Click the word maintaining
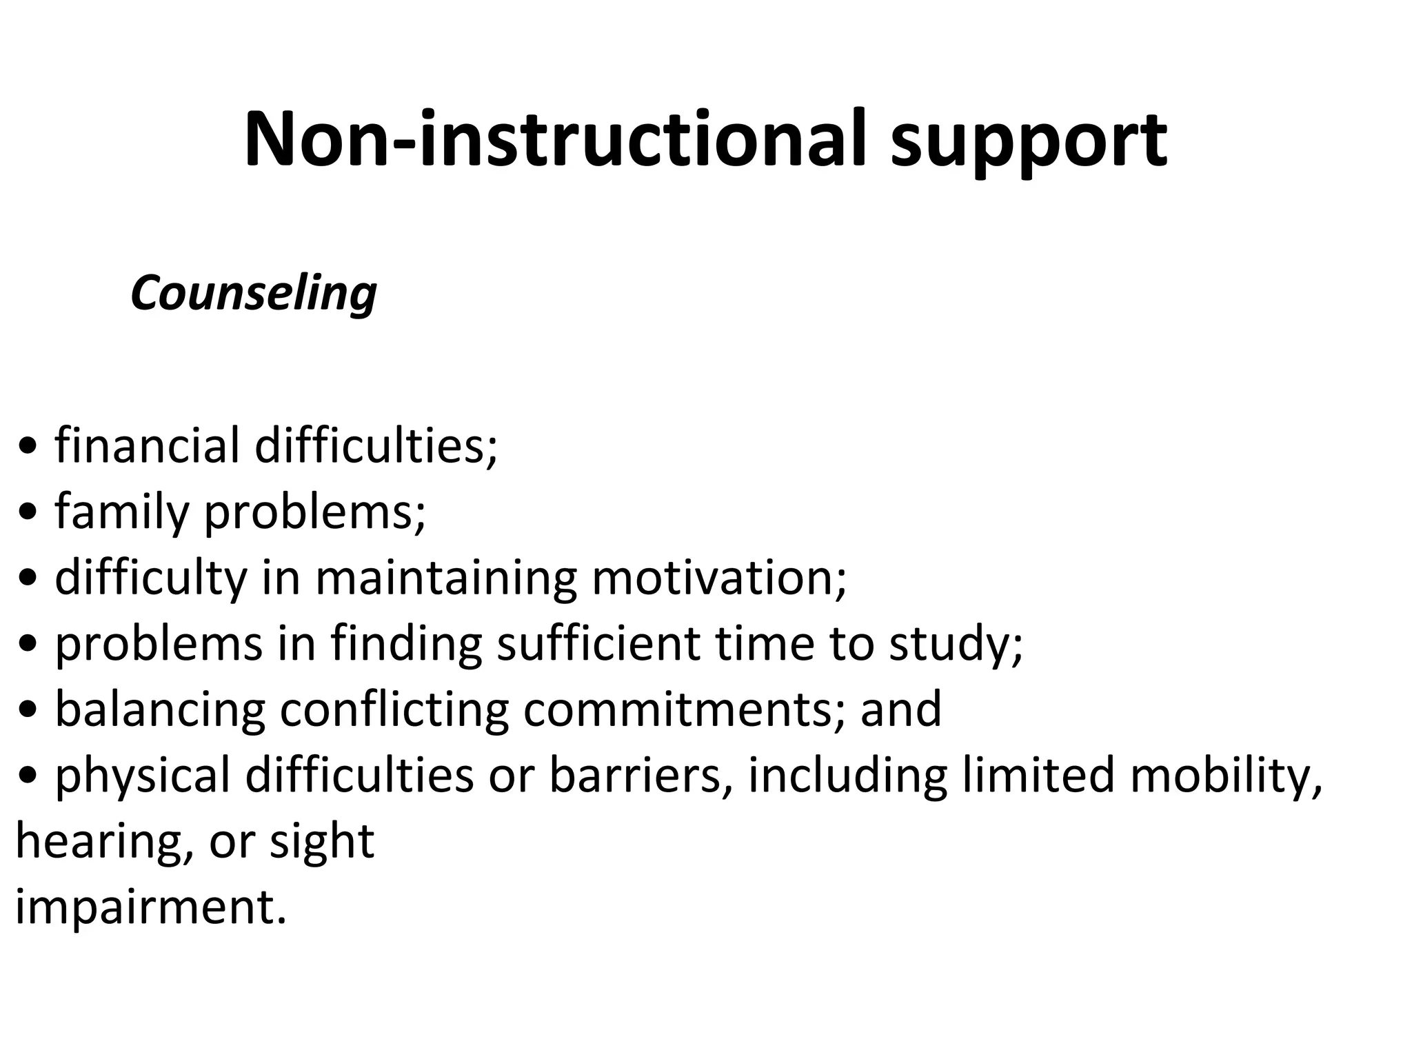(445, 577)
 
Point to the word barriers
(638, 774)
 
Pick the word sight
(322, 842)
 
